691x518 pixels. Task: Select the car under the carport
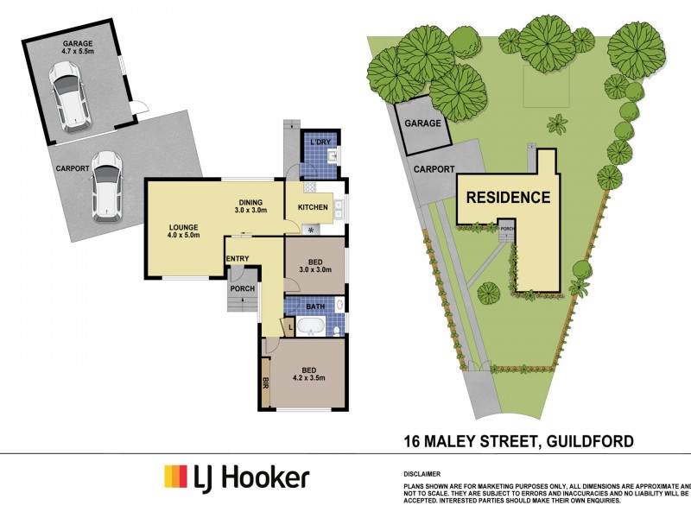coord(105,183)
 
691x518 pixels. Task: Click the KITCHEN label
coord(313,208)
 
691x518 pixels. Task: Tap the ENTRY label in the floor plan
coord(238,258)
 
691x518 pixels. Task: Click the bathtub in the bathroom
coord(310,327)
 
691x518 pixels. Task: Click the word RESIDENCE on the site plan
coord(508,197)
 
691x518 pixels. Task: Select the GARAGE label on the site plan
coord(422,123)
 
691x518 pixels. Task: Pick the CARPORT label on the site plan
coord(434,169)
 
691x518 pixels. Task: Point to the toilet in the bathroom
coord(340,305)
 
